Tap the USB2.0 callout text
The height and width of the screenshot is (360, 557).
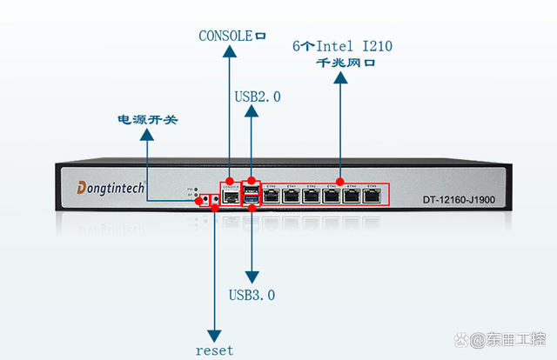click(258, 97)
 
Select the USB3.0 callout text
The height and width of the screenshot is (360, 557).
click(252, 295)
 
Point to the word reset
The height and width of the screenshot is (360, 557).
click(214, 350)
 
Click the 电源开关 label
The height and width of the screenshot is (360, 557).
click(148, 119)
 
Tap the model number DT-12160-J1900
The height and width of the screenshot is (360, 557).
click(460, 200)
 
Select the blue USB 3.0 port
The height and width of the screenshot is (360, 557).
click(252, 202)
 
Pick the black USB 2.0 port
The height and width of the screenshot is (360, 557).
click(252, 190)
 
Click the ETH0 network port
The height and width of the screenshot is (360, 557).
click(272, 196)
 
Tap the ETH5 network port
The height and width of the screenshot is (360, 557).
click(372, 196)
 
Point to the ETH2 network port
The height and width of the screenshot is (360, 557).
click(312, 196)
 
